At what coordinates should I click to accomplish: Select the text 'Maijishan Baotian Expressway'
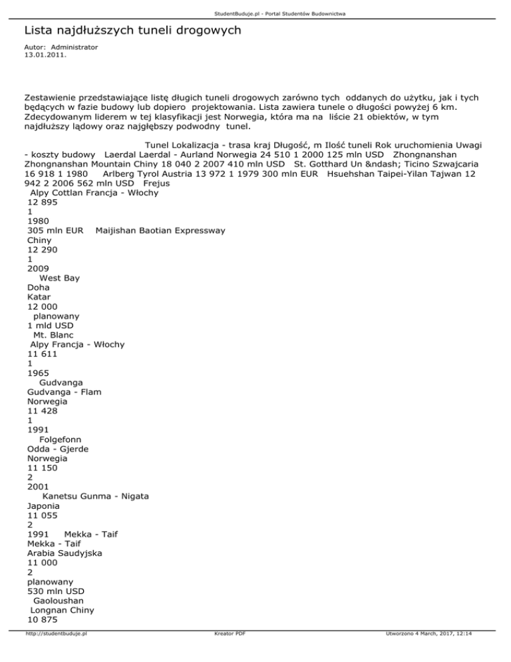point(160,230)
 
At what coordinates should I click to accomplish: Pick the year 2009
point(38,268)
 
